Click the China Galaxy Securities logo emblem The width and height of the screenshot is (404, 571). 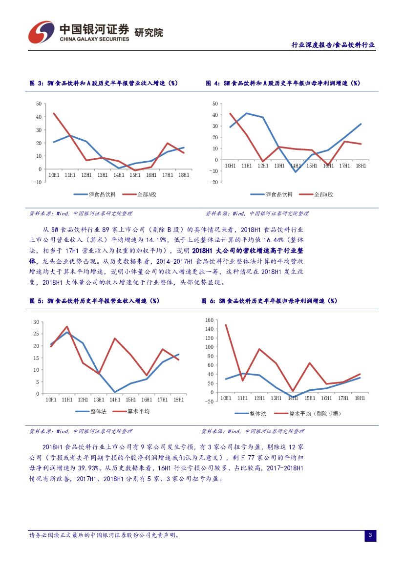pos(41,32)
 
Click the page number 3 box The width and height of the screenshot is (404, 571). pos(370,536)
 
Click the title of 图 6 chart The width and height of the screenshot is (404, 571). pos(269,301)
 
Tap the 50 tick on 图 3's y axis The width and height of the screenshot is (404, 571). pos(39,104)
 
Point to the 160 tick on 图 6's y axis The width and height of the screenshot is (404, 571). pos(210,320)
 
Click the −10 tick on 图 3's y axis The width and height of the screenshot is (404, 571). pos(37,182)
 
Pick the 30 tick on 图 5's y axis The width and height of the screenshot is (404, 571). pos(36,322)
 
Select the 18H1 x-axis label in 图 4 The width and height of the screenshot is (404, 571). pos(361,166)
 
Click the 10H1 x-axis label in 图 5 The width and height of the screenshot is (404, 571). pos(51,400)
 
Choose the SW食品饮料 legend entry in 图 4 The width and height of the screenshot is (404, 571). pos(278,194)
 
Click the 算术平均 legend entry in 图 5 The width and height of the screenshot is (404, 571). pos(138,411)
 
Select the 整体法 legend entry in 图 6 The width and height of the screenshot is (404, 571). pos(257,414)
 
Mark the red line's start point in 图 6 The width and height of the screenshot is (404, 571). pos(226,325)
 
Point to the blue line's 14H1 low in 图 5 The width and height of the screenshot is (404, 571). pos(115,392)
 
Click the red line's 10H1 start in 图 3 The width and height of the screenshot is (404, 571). pos(53,113)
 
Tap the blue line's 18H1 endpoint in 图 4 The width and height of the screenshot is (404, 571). pos(361,124)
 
